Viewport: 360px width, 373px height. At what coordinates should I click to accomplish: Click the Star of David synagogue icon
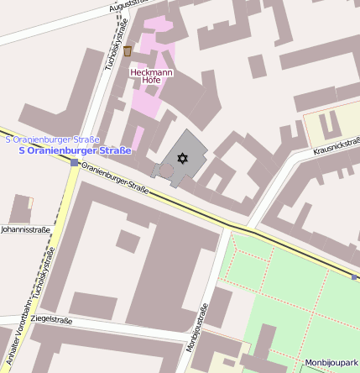(180, 157)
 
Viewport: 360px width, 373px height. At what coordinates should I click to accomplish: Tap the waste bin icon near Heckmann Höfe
(128, 51)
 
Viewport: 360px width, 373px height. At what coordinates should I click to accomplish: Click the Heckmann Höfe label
(152, 76)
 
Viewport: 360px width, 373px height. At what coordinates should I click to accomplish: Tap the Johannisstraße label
(25, 229)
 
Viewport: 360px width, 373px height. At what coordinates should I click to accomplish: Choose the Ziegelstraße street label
(51, 320)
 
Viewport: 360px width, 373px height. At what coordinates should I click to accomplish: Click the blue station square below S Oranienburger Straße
(75, 162)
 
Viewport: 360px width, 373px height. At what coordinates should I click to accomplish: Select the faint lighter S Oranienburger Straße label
(52, 139)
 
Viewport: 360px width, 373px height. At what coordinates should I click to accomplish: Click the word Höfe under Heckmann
(152, 81)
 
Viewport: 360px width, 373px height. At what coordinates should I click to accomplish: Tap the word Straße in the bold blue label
(115, 150)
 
